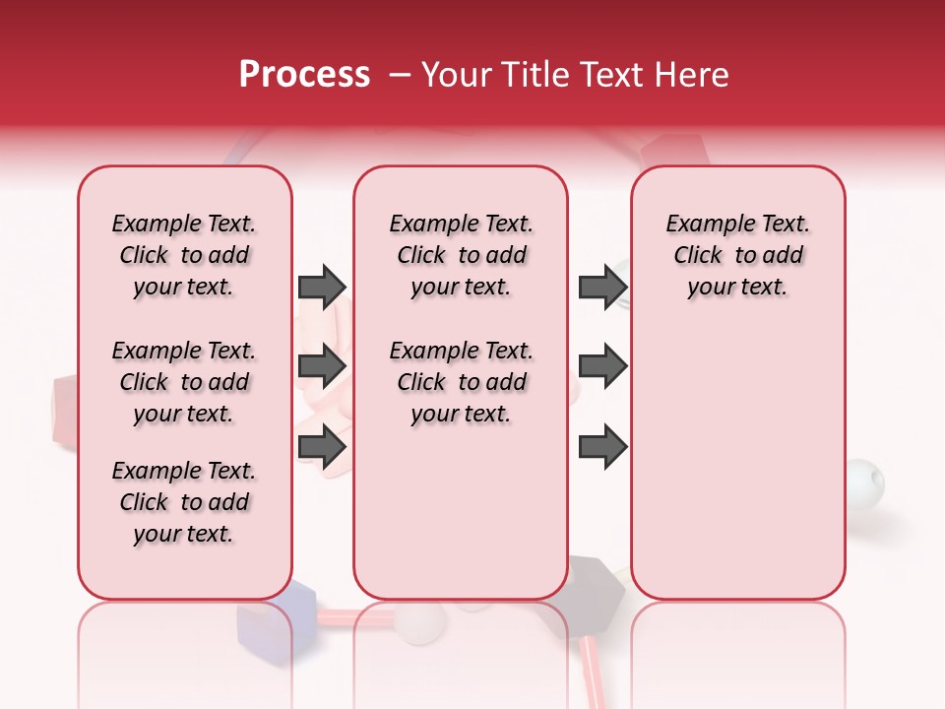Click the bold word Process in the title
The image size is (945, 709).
304,75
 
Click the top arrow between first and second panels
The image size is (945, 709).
322,288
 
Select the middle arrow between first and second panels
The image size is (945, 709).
322,366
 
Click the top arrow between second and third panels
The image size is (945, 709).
602,288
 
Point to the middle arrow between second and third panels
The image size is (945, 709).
602,366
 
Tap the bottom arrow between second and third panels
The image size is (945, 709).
602,447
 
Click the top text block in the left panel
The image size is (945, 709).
184,255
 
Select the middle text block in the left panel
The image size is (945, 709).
184,382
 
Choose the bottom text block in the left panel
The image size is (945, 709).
184,502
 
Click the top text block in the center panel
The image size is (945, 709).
462,255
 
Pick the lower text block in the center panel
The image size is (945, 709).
462,382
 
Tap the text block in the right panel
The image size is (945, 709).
738,255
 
